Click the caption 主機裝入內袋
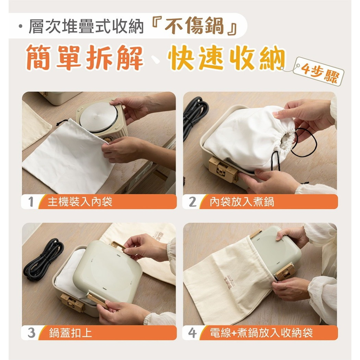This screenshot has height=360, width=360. pos(80,202)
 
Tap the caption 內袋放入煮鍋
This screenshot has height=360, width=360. pos(242,202)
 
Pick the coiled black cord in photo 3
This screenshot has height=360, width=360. pos(44,260)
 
